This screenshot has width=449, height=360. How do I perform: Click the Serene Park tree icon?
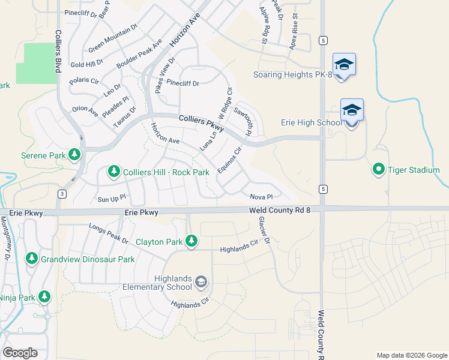(74, 155)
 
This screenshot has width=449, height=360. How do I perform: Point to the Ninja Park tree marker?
(44, 296)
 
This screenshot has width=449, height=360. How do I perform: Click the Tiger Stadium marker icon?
(378, 170)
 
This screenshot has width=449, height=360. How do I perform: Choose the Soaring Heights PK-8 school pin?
(344, 65)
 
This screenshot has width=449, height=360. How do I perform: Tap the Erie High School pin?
(352, 111)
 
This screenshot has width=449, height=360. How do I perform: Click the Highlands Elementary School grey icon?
(201, 282)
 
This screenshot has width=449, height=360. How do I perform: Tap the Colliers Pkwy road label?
(201, 124)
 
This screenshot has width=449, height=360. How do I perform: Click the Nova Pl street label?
(261, 196)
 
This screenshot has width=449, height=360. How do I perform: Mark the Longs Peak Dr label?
(108, 233)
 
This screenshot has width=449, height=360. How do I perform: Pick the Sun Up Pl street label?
(111, 197)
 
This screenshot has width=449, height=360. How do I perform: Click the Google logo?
(20, 353)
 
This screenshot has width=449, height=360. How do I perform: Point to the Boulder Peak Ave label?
(139, 53)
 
